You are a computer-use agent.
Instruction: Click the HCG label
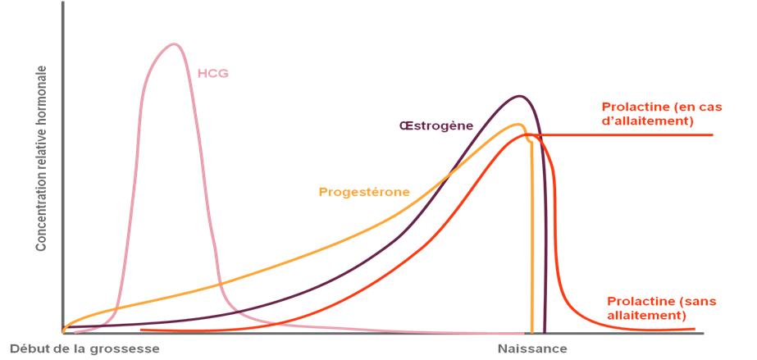coord(212,73)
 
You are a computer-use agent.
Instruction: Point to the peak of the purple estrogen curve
coord(519,96)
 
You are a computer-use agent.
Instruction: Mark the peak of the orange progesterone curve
coord(519,125)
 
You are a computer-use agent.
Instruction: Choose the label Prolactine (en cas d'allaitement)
coord(648,114)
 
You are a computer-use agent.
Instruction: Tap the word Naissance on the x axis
coord(531,349)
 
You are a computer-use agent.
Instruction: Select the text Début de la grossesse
coord(84,349)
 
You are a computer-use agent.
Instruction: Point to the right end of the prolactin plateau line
coord(712,134)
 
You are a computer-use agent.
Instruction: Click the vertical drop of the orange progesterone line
coord(532,238)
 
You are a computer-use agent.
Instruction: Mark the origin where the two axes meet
coord(62,332)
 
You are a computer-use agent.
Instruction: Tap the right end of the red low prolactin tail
coord(698,330)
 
